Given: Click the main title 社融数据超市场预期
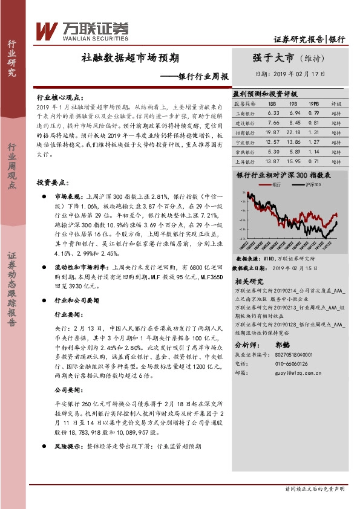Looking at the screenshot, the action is tap(129, 58).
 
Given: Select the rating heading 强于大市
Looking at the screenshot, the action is tap(273, 58).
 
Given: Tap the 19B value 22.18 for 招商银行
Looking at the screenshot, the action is tap(294, 132).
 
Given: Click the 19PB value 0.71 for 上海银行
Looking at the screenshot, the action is tap(313, 161).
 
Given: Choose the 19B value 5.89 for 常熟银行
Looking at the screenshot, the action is tap(294, 152).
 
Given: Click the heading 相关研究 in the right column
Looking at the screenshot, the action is tap(248, 282).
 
